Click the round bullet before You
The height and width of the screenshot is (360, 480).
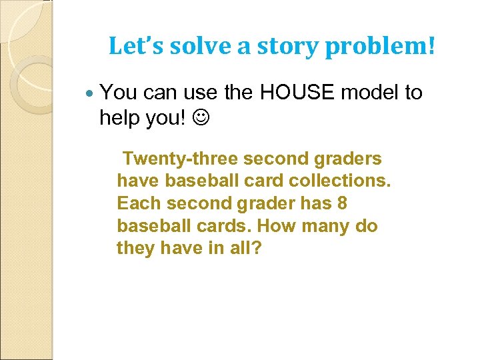(x=91, y=93)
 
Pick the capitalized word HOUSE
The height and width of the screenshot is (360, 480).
(x=299, y=93)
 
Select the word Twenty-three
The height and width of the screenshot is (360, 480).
(x=180, y=159)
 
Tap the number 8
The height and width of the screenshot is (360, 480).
(x=341, y=203)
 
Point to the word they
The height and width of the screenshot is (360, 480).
(x=136, y=249)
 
